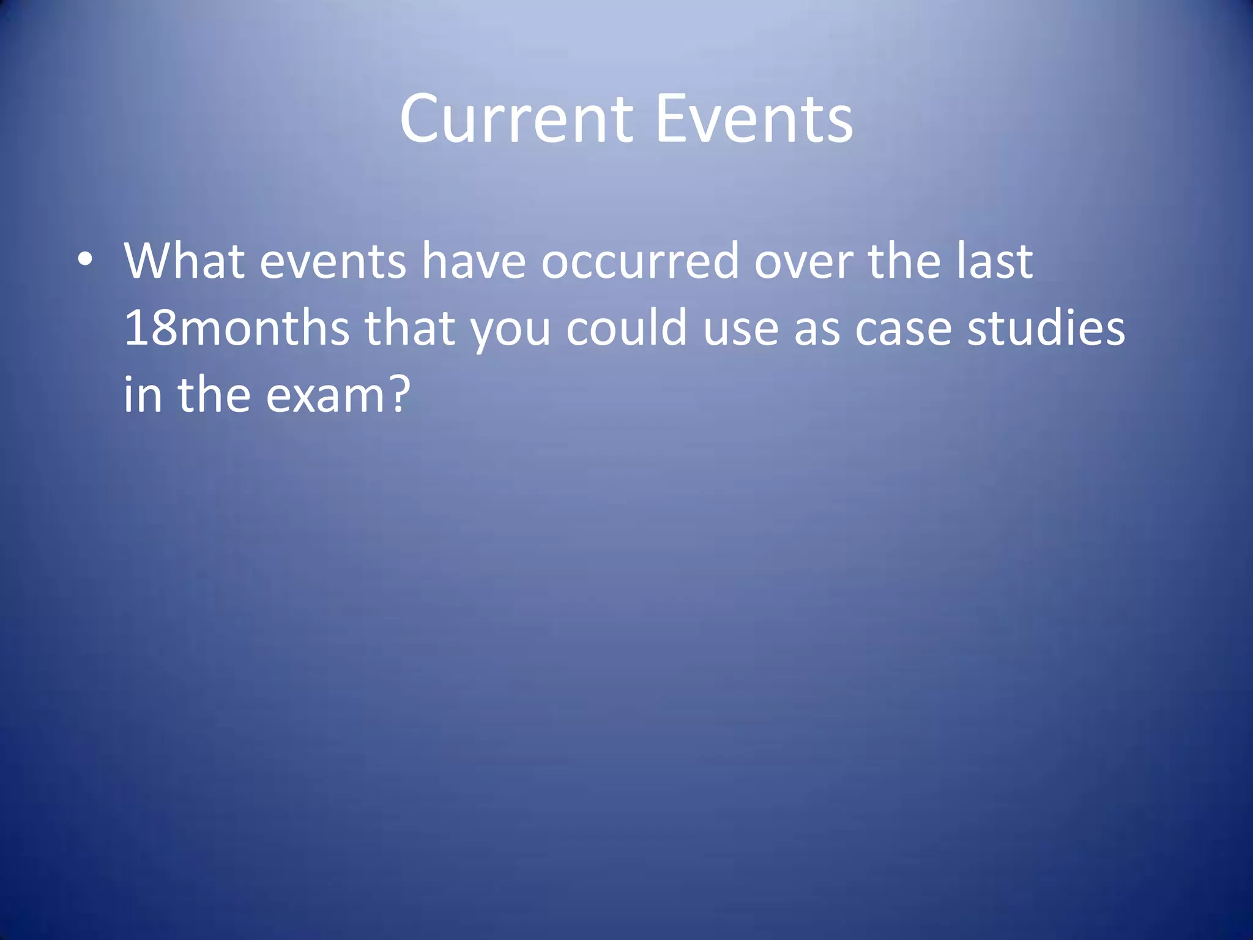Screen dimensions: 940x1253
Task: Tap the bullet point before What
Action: point(85,260)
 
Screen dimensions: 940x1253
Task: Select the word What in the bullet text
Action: point(184,261)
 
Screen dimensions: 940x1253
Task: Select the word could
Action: point(626,328)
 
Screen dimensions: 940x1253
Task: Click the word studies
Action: point(1046,328)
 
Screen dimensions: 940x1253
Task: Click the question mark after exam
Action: point(398,395)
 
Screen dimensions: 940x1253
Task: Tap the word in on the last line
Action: point(143,395)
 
